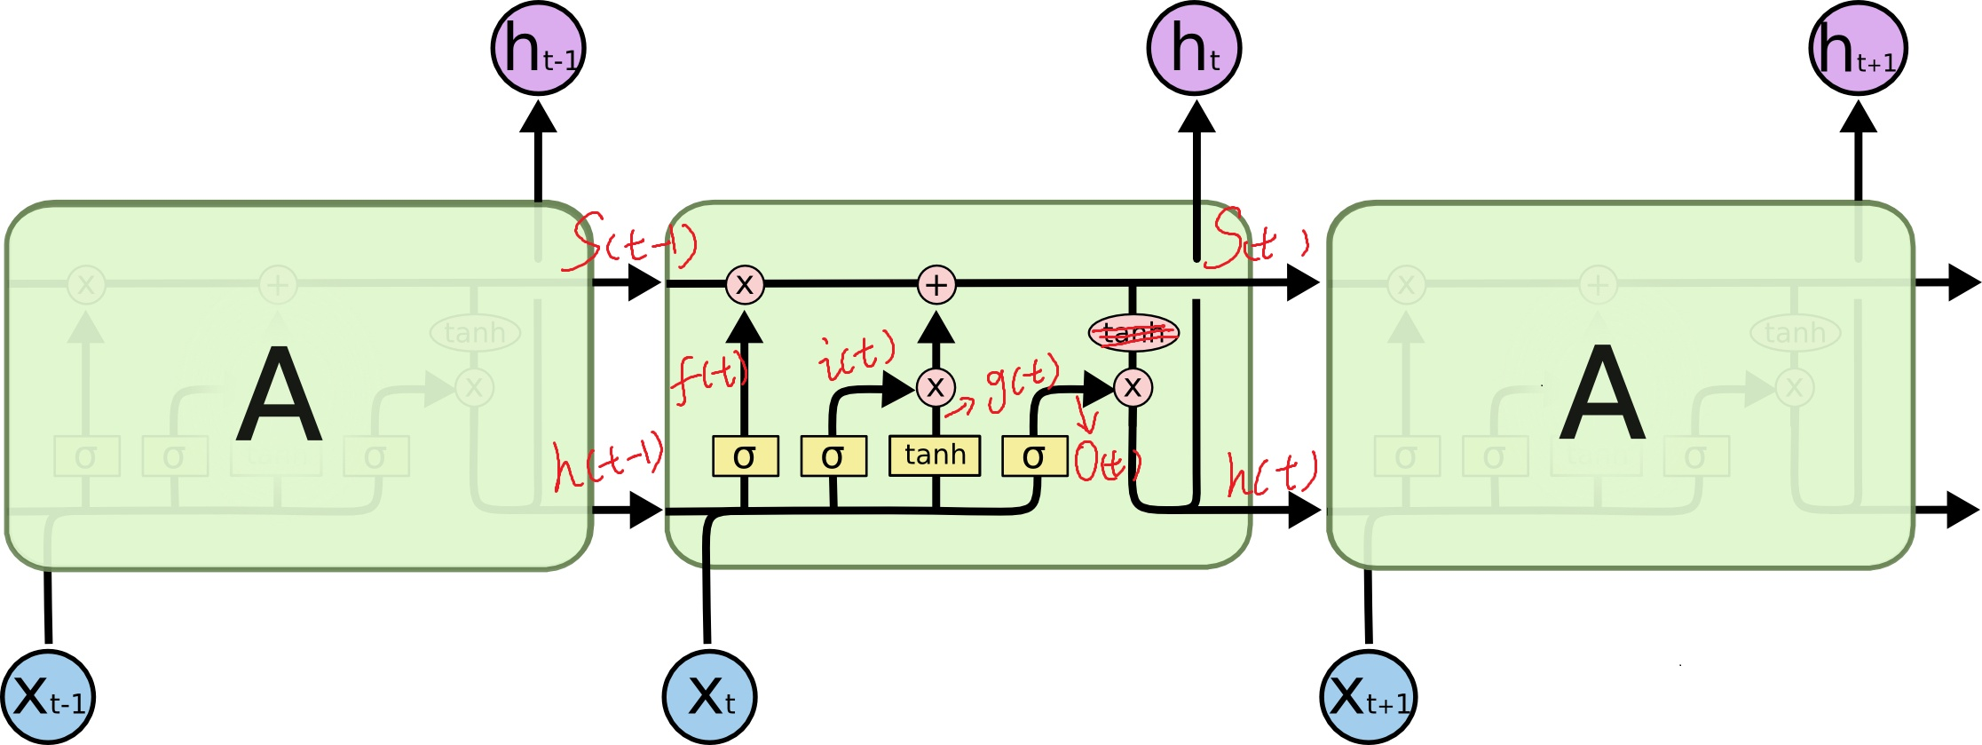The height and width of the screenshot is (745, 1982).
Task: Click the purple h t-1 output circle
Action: [x=538, y=49]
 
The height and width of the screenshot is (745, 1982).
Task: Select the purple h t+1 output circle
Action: [x=1857, y=48]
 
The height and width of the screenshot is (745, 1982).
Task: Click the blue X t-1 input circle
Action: [x=48, y=697]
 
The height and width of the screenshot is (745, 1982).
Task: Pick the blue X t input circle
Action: [x=710, y=696]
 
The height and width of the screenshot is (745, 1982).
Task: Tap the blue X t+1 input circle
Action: [x=1369, y=697]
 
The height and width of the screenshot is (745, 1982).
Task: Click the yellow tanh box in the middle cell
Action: [x=935, y=456]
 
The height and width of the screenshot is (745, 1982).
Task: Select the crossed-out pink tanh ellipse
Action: [x=1133, y=333]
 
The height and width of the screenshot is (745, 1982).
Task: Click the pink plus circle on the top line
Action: [x=936, y=285]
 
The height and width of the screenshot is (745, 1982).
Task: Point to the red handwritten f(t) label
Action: [x=707, y=377]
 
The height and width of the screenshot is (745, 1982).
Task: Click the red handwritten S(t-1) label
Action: [x=630, y=242]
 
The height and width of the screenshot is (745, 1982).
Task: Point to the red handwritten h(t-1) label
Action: [x=606, y=460]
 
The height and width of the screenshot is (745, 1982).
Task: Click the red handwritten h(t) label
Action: [x=1271, y=473]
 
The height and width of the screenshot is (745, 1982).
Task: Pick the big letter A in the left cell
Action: [x=279, y=396]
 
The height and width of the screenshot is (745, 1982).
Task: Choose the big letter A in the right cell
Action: [x=1602, y=394]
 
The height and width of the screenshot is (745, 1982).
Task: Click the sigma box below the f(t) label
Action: [x=745, y=456]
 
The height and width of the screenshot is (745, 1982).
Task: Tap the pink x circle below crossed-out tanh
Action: [x=1133, y=387]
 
